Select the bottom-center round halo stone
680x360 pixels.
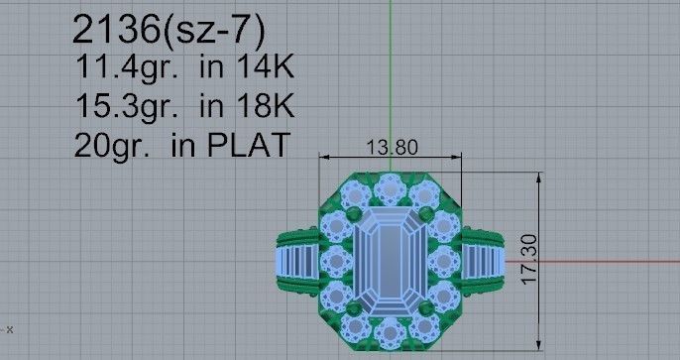(390, 334)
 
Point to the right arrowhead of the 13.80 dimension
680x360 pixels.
(460, 157)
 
